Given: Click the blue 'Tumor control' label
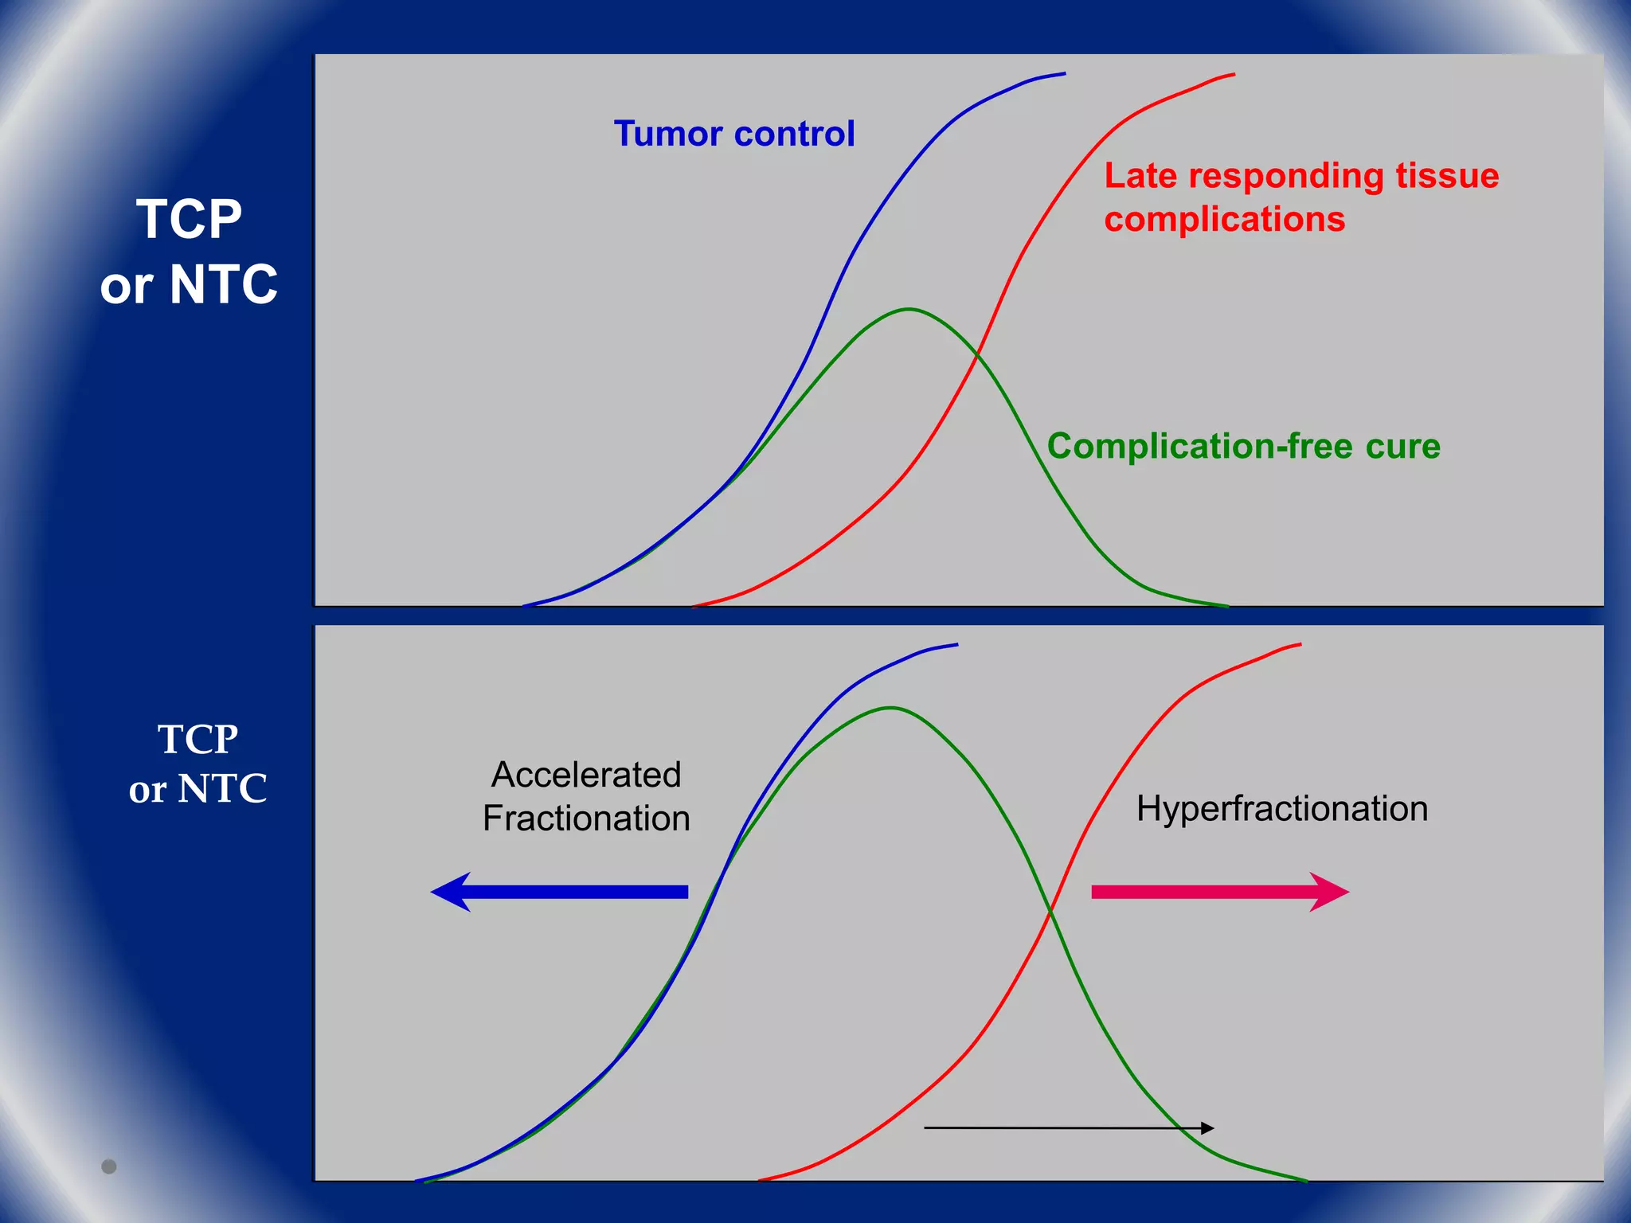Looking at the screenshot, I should pos(733,134).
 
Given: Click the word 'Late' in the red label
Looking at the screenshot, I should pos(1140,176).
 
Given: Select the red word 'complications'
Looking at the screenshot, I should pos(1224,219).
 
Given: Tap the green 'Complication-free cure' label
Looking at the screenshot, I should pos(1243,446).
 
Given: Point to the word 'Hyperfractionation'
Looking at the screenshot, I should pos(1281,809).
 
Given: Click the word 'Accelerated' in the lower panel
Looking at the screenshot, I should pos(586,775).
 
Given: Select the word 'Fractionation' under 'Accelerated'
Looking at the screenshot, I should pos(586,819).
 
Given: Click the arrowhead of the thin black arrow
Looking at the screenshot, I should pos(1208,1127).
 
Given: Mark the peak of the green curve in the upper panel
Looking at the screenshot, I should pos(909,309).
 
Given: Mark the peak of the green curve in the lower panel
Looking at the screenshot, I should pos(890,707).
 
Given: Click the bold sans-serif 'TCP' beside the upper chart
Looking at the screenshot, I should pos(189,220).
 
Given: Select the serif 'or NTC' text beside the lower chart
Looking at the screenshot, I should pos(198,789).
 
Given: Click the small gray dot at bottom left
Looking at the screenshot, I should pos(109,1166).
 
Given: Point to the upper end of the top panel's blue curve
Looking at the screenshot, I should pos(1064,73).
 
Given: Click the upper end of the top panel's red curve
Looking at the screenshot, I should pos(1233,74).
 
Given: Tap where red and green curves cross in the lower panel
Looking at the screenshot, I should pos(1050,910).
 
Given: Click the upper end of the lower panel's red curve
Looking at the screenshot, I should pos(1300,644).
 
